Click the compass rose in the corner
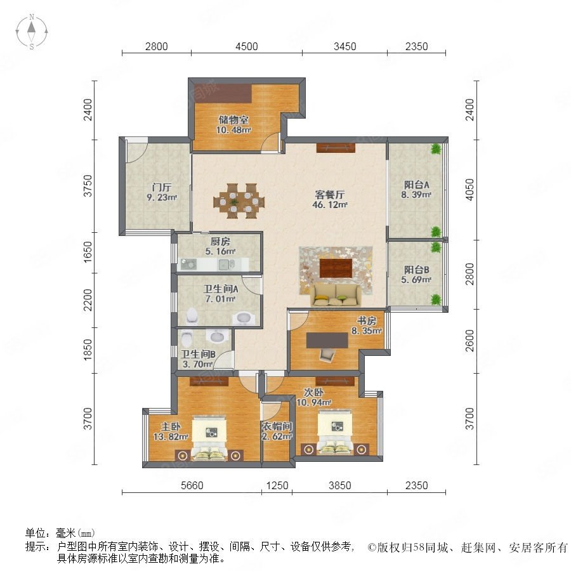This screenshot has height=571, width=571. [x=32, y=31]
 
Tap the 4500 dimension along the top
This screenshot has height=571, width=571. [x=247, y=46]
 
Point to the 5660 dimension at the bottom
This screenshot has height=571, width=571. [x=192, y=485]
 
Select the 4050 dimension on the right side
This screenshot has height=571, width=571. [x=470, y=189]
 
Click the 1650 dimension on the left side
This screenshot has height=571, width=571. [x=88, y=252]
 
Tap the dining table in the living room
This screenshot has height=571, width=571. [x=239, y=201]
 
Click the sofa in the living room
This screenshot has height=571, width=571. [x=336, y=294]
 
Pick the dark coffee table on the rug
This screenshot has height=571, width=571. [x=336, y=268]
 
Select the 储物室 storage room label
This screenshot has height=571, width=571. [x=233, y=119]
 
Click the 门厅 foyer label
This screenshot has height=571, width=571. [x=162, y=188]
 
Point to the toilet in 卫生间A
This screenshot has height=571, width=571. [x=192, y=316]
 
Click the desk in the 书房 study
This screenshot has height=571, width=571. [x=327, y=341]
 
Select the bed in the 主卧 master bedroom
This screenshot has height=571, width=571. [x=209, y=437]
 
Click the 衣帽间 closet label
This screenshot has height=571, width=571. [x=277, y=426]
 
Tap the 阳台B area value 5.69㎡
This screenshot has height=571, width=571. [x=416, y=280]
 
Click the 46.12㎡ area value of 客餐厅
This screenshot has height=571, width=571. [x=330, y=205]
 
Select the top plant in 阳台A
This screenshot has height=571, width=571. [x=435, y=149]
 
